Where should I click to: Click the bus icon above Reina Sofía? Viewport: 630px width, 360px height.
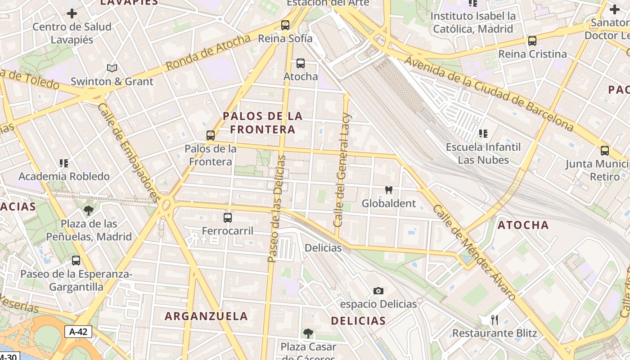[x=285, y=25]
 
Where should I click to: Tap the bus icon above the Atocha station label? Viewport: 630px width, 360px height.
[x=301, y=63]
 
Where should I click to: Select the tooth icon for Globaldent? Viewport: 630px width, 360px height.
[x=389, y=190]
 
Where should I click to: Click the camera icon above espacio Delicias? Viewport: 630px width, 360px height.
[x=378, y=291]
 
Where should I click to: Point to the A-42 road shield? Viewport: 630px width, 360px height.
[x=78, y=332]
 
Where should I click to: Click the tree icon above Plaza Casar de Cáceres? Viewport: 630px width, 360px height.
[x=308, y=333]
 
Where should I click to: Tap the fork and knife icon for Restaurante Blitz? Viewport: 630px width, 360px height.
[x=495, y=320]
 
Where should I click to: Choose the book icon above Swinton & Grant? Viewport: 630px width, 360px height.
[x=112, y=68]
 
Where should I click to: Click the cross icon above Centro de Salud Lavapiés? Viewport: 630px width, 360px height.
[x=72, y=13]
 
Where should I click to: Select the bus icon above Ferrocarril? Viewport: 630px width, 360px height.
[x=228, y=218]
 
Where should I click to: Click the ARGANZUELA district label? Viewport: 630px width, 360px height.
[x=206, y=316]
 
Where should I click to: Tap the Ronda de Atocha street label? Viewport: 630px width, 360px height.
[x=208, y=52]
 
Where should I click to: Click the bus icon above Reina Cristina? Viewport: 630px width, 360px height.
[x=532, y=41]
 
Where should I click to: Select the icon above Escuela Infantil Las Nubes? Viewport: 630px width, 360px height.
[x=483, y=134]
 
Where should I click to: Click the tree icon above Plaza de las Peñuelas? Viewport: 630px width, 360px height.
[x=89, y=211]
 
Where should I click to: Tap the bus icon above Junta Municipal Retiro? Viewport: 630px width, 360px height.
[x=605, y=151]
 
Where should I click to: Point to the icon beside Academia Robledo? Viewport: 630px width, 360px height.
[x=64, y=163]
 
